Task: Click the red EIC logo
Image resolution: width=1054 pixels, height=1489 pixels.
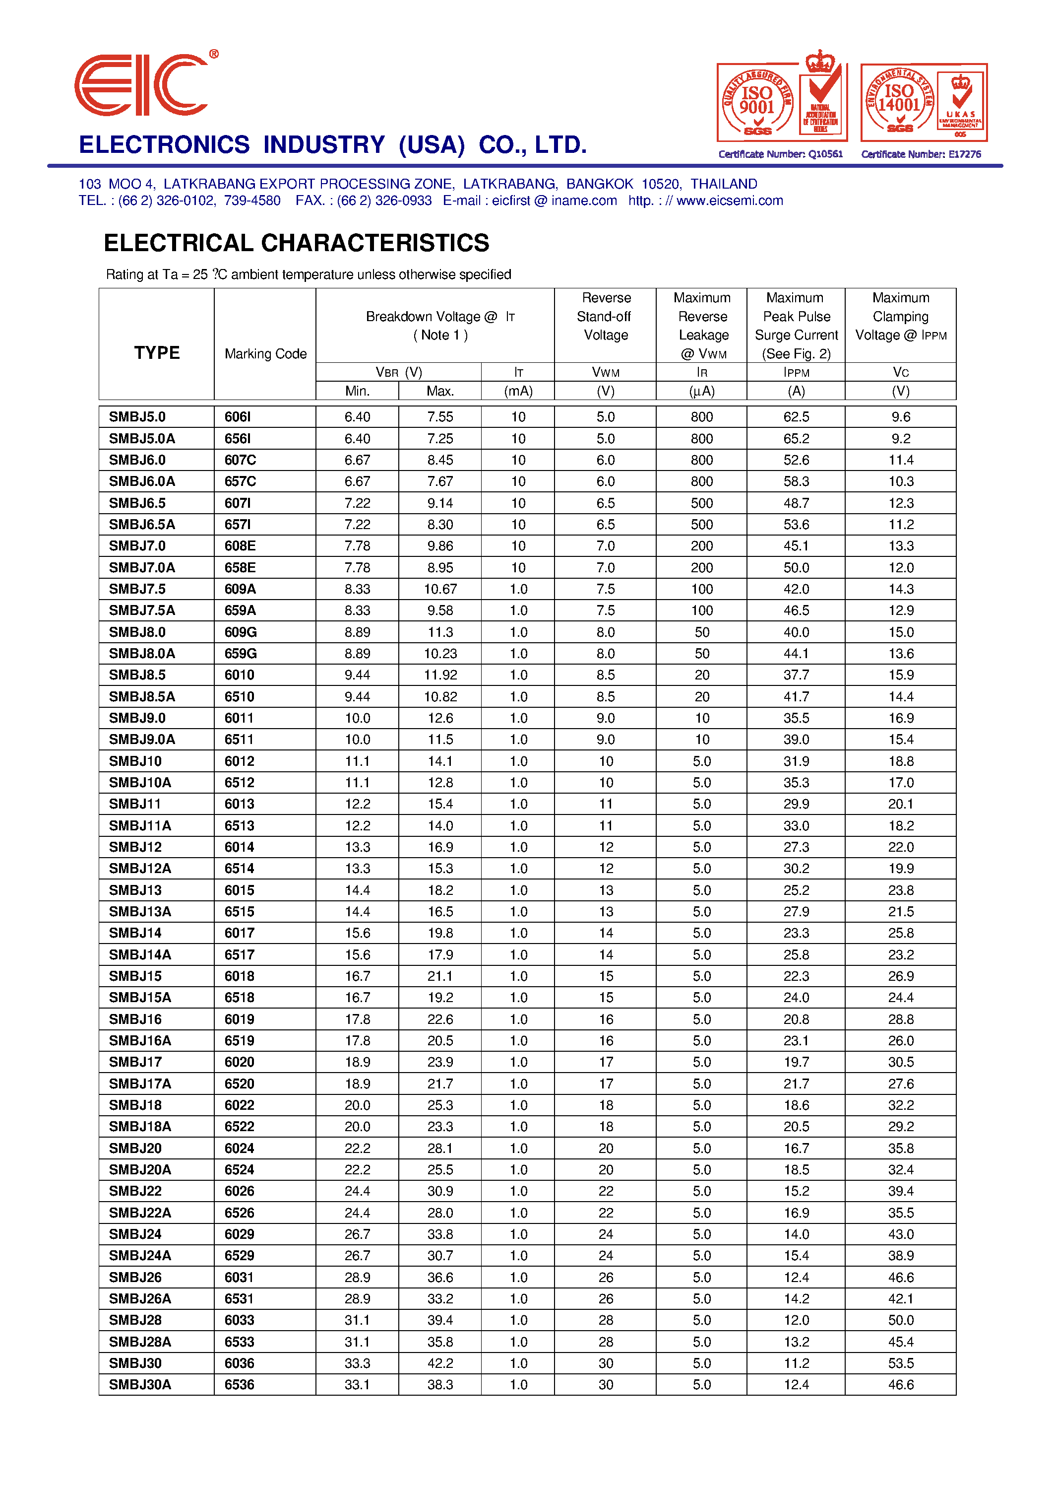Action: coord(141,85)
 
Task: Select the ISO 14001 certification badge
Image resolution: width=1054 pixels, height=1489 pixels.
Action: coord(923,102)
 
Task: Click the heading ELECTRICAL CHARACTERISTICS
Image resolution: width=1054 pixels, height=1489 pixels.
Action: coord(296,243)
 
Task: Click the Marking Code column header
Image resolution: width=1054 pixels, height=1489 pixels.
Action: coord(265,354)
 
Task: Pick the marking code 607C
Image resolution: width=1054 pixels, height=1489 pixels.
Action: coord(240,460)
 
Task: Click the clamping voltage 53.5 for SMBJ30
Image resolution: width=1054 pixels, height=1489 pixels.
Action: coord(900,1363)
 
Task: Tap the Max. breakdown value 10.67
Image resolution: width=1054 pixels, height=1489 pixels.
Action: coord(440,589)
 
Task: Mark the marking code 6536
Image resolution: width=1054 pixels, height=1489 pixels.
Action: coord(240,1384)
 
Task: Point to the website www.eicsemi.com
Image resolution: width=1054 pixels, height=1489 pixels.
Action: coord(730,201)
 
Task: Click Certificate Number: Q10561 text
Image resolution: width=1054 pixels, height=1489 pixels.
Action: coord(780,154)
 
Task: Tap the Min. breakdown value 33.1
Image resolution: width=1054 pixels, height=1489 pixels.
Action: coord(357,1384)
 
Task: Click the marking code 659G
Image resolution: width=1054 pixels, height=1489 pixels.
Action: coord(240,653)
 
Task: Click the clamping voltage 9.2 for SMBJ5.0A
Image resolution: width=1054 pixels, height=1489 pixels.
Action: coord(900,438)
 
